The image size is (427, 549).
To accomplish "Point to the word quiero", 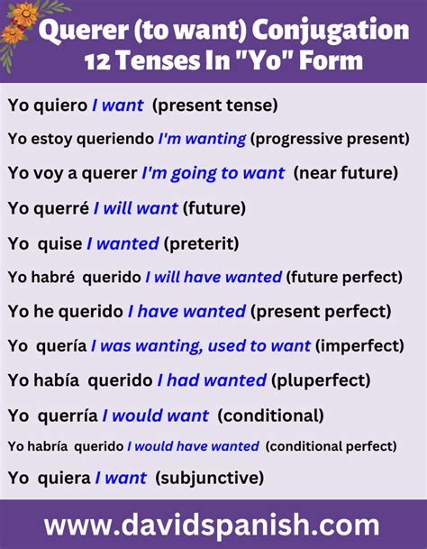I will tap(60, 105).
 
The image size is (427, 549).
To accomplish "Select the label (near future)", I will tap(345, 173).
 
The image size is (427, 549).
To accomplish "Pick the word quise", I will tap(59, 243).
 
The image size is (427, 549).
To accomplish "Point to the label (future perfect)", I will tap(347, 278).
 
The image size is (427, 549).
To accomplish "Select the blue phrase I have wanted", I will tap(186, 312).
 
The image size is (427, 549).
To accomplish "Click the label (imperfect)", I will tap(357, 346).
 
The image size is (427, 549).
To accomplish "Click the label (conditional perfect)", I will tap(331, 446).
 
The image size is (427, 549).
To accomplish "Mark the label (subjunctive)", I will tap(209, 477).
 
